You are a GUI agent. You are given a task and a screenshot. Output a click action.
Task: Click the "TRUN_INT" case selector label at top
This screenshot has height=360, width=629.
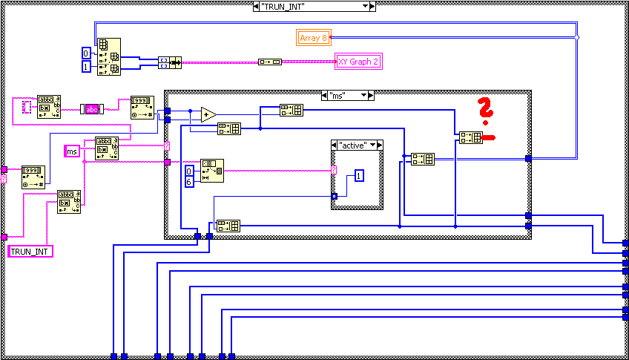[x=308, y=6]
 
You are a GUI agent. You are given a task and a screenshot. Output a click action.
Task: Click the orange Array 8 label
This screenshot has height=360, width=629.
[x=313, y=38]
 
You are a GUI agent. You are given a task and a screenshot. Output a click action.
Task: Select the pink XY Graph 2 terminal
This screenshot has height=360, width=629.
[x=358, y=62]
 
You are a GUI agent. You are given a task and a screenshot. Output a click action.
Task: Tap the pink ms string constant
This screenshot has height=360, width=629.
[x=73, y=151]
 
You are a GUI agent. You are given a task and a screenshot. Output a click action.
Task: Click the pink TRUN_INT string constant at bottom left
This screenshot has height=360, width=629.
[x=30, y=252]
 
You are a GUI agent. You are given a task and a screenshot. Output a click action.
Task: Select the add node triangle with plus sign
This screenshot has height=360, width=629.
[x=208, y=114]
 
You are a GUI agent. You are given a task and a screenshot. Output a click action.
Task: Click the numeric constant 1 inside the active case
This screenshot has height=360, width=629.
[x=358, y=176]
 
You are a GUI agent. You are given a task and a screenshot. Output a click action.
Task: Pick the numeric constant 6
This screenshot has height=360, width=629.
[x=190, y=182]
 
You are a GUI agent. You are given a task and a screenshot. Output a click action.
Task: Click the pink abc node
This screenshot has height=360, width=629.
[x=92, y=109]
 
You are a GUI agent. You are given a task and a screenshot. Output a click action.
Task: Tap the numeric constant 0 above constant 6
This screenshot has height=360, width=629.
[x=190, y=171]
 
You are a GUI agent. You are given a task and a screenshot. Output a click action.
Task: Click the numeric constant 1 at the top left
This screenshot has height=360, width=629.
[x=87, y=68]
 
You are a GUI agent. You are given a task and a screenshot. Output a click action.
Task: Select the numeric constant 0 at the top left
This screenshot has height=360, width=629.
[x=87, y=53]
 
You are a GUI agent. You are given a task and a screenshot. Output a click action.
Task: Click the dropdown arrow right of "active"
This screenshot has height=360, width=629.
[x=378, y=145]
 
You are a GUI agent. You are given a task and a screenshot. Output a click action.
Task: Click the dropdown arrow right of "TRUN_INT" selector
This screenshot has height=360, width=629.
[x=365, y=6]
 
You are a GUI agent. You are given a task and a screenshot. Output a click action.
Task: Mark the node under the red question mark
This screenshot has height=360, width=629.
[x=470, y=137]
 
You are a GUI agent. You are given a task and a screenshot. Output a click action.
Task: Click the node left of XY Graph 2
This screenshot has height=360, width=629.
[x=269, y=62]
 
